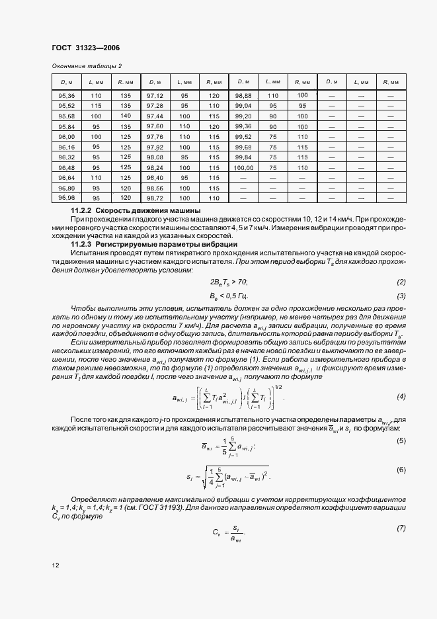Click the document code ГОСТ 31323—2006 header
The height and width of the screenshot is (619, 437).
pyautogui.click(x=86, y=48)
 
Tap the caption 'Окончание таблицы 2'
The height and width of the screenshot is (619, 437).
pyautogui.click(x=87, y=65)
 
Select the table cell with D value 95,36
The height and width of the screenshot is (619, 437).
pyautogui.click(x=67, y=95)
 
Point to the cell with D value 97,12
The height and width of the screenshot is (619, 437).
pyautogui.click(x=155, y=95)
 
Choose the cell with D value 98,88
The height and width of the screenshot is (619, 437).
pyautogui.click(x=244, y=95)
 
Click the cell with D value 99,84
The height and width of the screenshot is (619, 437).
pyautogui.click(x=244, y=157)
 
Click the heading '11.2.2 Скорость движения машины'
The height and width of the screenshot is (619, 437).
pyautogui.click(x=132, y=210)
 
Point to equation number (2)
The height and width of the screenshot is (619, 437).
pyautogui.click(x=401, y=282)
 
